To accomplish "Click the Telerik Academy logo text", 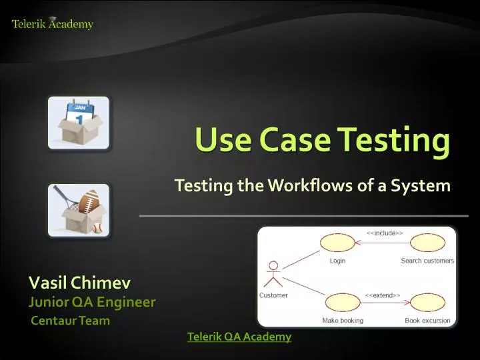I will click(53, 25).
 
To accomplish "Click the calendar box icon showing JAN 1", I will click(78, 122).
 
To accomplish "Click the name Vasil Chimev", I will click(79, 283).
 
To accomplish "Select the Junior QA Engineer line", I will click(92, 302).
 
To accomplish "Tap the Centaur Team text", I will click(71, 321).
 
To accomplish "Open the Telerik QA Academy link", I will click(239, 337).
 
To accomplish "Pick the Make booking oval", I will click(343, 303).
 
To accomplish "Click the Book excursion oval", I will click(427, 303).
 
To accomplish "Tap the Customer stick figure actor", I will click(272, 274).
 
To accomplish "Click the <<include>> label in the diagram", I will click(383, 233).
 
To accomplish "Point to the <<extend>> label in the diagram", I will click(382, 295).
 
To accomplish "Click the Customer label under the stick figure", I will click(273, 295).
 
